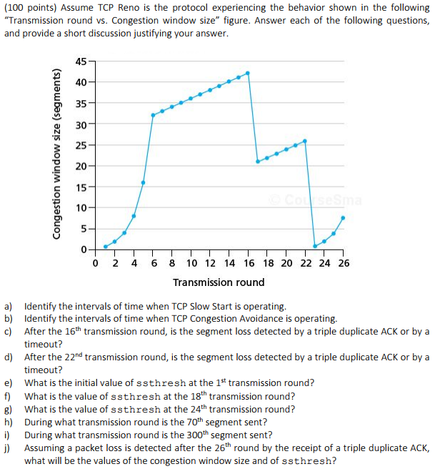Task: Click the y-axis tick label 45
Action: (x=81, y=61)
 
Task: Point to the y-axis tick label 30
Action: (x=81, y=124)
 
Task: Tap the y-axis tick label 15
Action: (x=81, y=187)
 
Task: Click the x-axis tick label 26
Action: (x=344, y=262)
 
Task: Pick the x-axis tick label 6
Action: (x=153, y=262)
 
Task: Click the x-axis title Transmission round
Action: (x=219, y=282)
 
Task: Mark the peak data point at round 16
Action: (x=248, y=73)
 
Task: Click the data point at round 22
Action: (x=305, y=141)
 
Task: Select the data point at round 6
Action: (x=153, y=115)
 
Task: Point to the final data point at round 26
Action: (x=343, y=218)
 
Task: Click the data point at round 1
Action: (x=105, y=247)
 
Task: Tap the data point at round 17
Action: (x=258, y=162)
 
